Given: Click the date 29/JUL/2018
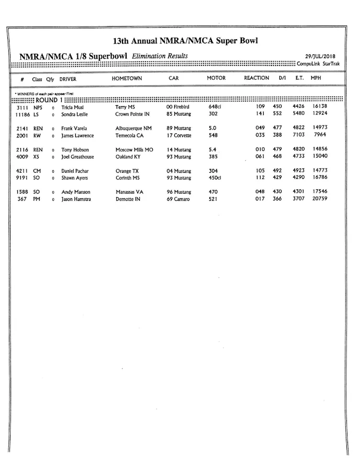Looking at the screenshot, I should (x=320, y=57).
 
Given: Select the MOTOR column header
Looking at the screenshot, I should (x=216, y=78).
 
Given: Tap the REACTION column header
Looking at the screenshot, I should (x=256, y=78).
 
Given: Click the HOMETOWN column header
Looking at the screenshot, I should (x=127, y=78).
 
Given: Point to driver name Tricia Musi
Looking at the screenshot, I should (x=72, y=107).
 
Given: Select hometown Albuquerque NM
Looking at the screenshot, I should (x=133, y=128).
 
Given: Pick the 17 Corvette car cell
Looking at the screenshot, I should (x=179, y=136).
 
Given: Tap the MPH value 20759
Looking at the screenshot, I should (x=320, y=199).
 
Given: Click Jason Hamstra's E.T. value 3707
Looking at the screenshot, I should (x=298, y=199).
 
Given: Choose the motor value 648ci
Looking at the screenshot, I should (x=215, y=107).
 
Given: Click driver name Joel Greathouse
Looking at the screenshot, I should (x=77, y=157).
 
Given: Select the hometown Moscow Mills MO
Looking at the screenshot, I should (x=134, y=150).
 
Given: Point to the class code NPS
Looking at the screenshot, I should (x=38, y=107).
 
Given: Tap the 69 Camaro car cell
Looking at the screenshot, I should (x=178, y=199).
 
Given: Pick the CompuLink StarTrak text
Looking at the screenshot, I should (x=318, y=64).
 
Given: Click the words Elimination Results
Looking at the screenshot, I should (x=160, y=56).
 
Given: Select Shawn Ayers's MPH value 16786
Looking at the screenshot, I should (x=320, y=177).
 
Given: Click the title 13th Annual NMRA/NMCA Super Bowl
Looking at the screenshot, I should (x=185, y=41).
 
